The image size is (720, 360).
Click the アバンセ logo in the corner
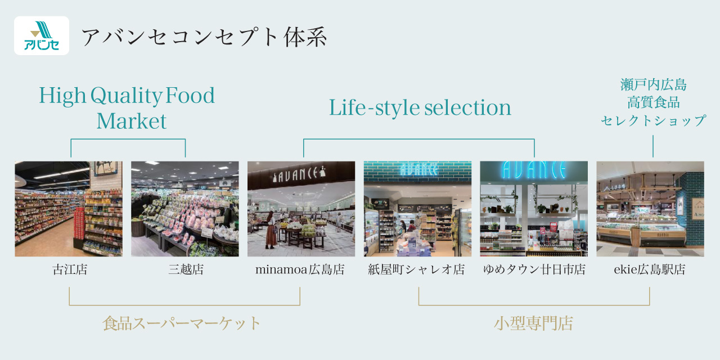pos(42,35)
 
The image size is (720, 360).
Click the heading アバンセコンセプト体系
pos(204,37)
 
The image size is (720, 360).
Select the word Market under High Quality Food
pos(132,121)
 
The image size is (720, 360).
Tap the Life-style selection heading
pos(420,107)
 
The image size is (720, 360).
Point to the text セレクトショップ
pos(653,120)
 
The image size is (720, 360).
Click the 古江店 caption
pos(70,269)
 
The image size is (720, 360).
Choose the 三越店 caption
pos(186,269)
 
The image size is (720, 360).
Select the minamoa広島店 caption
pos(300,269)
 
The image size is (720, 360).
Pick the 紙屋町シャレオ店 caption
pos(417,269)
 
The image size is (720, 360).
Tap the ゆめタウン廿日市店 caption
pos(534,269)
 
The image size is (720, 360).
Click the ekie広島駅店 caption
pos(650,269)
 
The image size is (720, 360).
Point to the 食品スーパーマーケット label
pos(181,323)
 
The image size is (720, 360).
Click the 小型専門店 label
pos(534,323)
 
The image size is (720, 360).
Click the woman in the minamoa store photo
pos(271,230)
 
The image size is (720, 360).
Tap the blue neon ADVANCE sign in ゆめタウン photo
pos(534,170)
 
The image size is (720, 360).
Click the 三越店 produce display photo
pos(185,209)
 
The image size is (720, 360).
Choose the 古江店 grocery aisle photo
pos(69,209)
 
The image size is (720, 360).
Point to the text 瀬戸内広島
pos(653,85)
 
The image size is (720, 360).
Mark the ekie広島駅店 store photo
pos(650,209)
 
